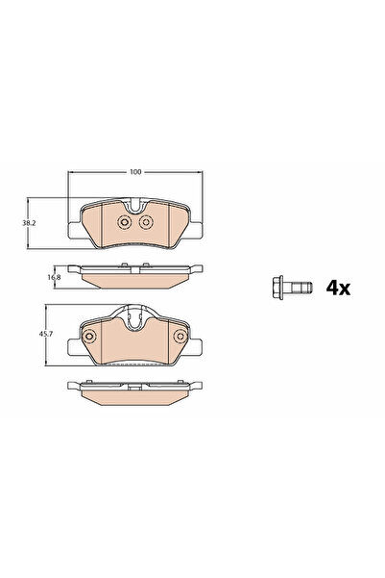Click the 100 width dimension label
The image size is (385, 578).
pos(135,172)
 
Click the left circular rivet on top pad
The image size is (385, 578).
pos(123,224)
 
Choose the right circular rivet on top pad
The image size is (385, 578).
pos(147,224)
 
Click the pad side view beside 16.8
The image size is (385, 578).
pos(135,277)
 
